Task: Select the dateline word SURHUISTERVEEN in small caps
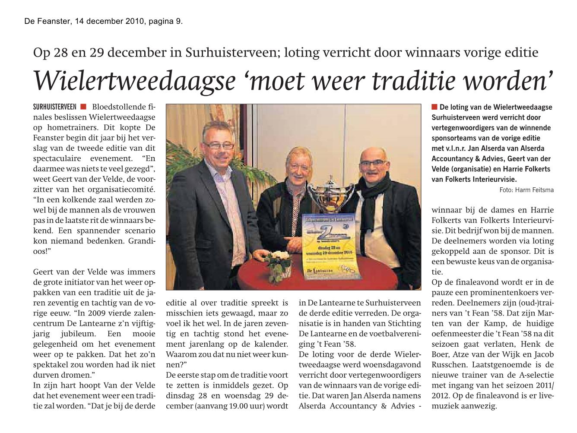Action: coord(54,107)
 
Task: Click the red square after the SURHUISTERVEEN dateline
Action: coord(83,107)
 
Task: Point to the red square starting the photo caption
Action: coord(434,107)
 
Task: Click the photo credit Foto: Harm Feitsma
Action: coord(526,190)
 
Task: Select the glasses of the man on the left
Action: coord(217,145)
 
